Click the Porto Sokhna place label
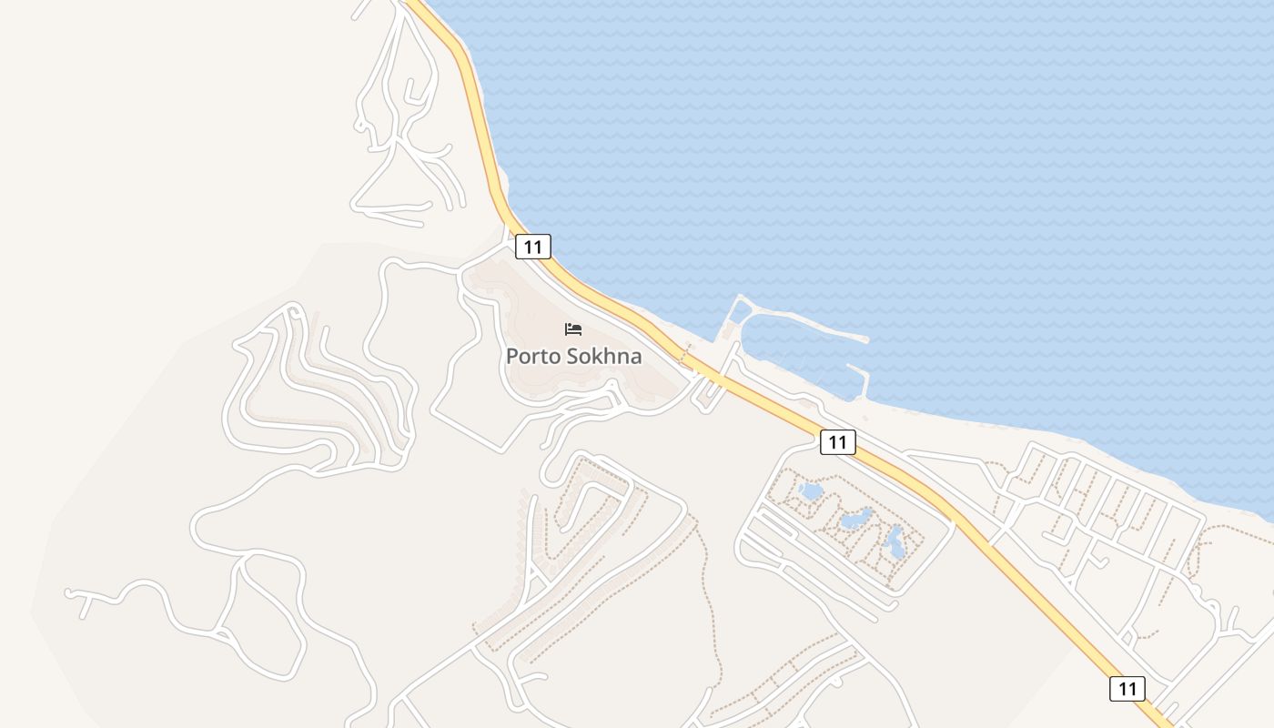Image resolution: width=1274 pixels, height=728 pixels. coord(573,356)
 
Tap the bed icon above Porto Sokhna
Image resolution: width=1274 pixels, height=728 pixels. coord(573,329)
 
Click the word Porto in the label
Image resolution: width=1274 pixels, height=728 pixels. coord(533,356)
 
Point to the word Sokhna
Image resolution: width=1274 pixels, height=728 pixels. coord(603,356)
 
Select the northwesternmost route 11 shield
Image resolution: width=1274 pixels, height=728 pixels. coord(533,247)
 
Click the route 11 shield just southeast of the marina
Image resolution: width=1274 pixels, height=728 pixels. coord(838,442)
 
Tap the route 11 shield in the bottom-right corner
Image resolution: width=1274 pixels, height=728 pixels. coord(1127,688)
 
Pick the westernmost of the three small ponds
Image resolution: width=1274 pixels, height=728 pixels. coord(809,492)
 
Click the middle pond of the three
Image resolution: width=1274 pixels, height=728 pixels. coord(855,520)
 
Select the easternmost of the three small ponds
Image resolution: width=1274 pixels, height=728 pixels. coord(896,543)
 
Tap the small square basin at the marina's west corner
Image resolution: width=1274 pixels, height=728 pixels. coord(740,312)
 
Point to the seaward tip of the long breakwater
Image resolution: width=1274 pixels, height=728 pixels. coord(865,340)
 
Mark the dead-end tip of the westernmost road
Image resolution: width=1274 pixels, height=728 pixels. coord(68,592)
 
